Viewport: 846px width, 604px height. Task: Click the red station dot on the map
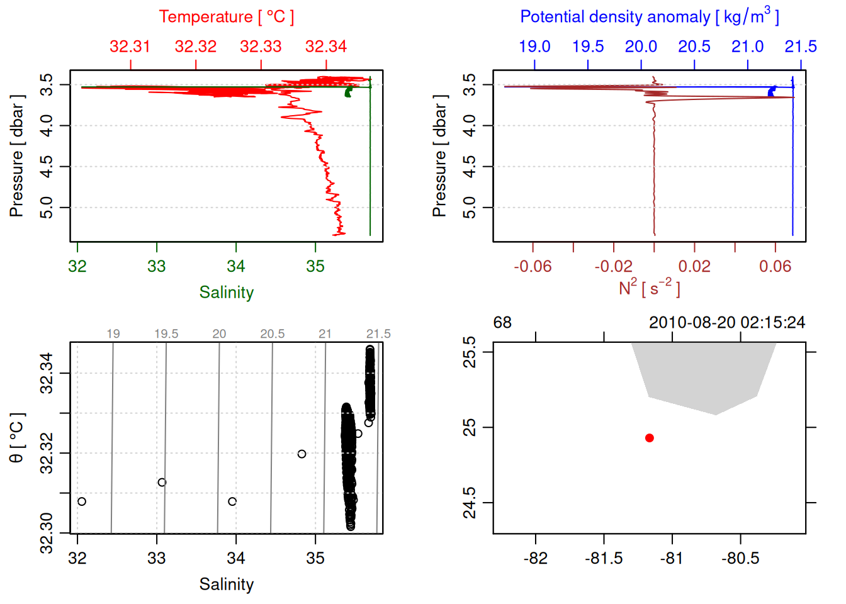650,438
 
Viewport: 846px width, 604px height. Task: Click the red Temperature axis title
226,17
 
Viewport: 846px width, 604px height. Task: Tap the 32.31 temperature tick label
130,47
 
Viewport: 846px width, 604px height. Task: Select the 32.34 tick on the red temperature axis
326,47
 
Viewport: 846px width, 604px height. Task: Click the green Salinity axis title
226,293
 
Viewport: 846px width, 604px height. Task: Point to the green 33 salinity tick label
157,267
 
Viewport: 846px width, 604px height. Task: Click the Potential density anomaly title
649,17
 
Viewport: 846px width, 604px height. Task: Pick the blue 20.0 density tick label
641,47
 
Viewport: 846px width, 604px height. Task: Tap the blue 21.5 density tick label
800,47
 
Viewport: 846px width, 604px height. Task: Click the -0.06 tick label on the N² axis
533,267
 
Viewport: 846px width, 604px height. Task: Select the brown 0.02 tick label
694,267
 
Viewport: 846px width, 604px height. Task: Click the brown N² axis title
649,288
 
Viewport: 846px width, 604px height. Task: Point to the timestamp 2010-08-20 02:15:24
726,323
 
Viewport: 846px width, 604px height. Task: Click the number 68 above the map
502,323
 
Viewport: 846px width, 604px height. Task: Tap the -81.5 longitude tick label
604,559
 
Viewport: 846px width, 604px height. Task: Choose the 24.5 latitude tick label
470,503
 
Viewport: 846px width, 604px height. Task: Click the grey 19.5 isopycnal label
166,334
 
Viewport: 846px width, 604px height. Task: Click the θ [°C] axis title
17,438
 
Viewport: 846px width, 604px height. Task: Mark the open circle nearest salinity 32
82,501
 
